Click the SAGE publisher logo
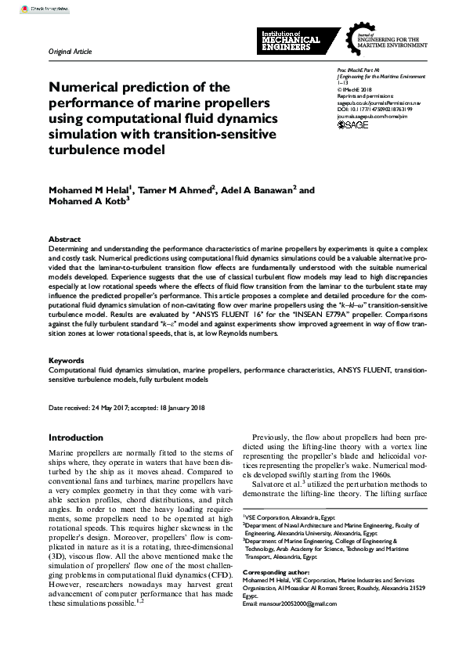[352, 124]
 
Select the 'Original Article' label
[70, 52]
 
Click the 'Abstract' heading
[64, 239]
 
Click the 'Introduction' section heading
[76, 438]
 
